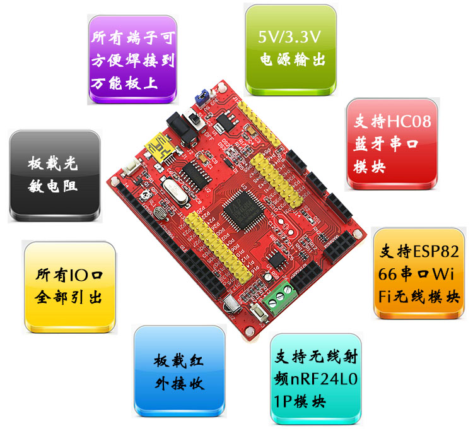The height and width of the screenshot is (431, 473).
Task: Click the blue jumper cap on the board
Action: click(x=201, y=97)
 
